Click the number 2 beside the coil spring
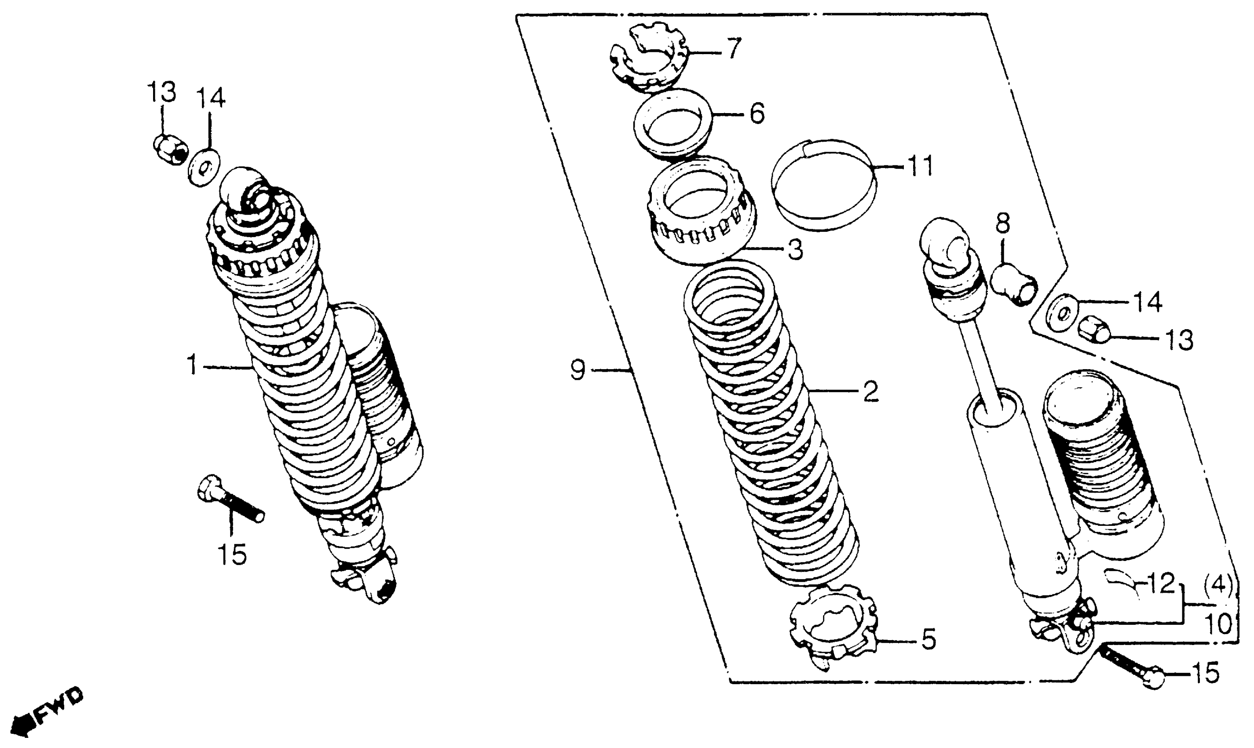870,392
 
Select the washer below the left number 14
204,166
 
